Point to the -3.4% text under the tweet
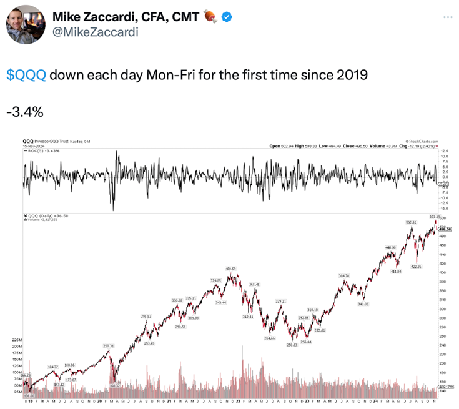click(x=24, y=112)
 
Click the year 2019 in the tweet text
click(x=352, y=76)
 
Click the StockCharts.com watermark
click(x=422, y=142)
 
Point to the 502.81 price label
click(x=411, y=222)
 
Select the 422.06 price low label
click(x=415, y=267)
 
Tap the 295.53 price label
click(x=146, y=317)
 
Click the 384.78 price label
click(x=343, y=275)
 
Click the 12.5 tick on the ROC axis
click(x=445, y=151)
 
